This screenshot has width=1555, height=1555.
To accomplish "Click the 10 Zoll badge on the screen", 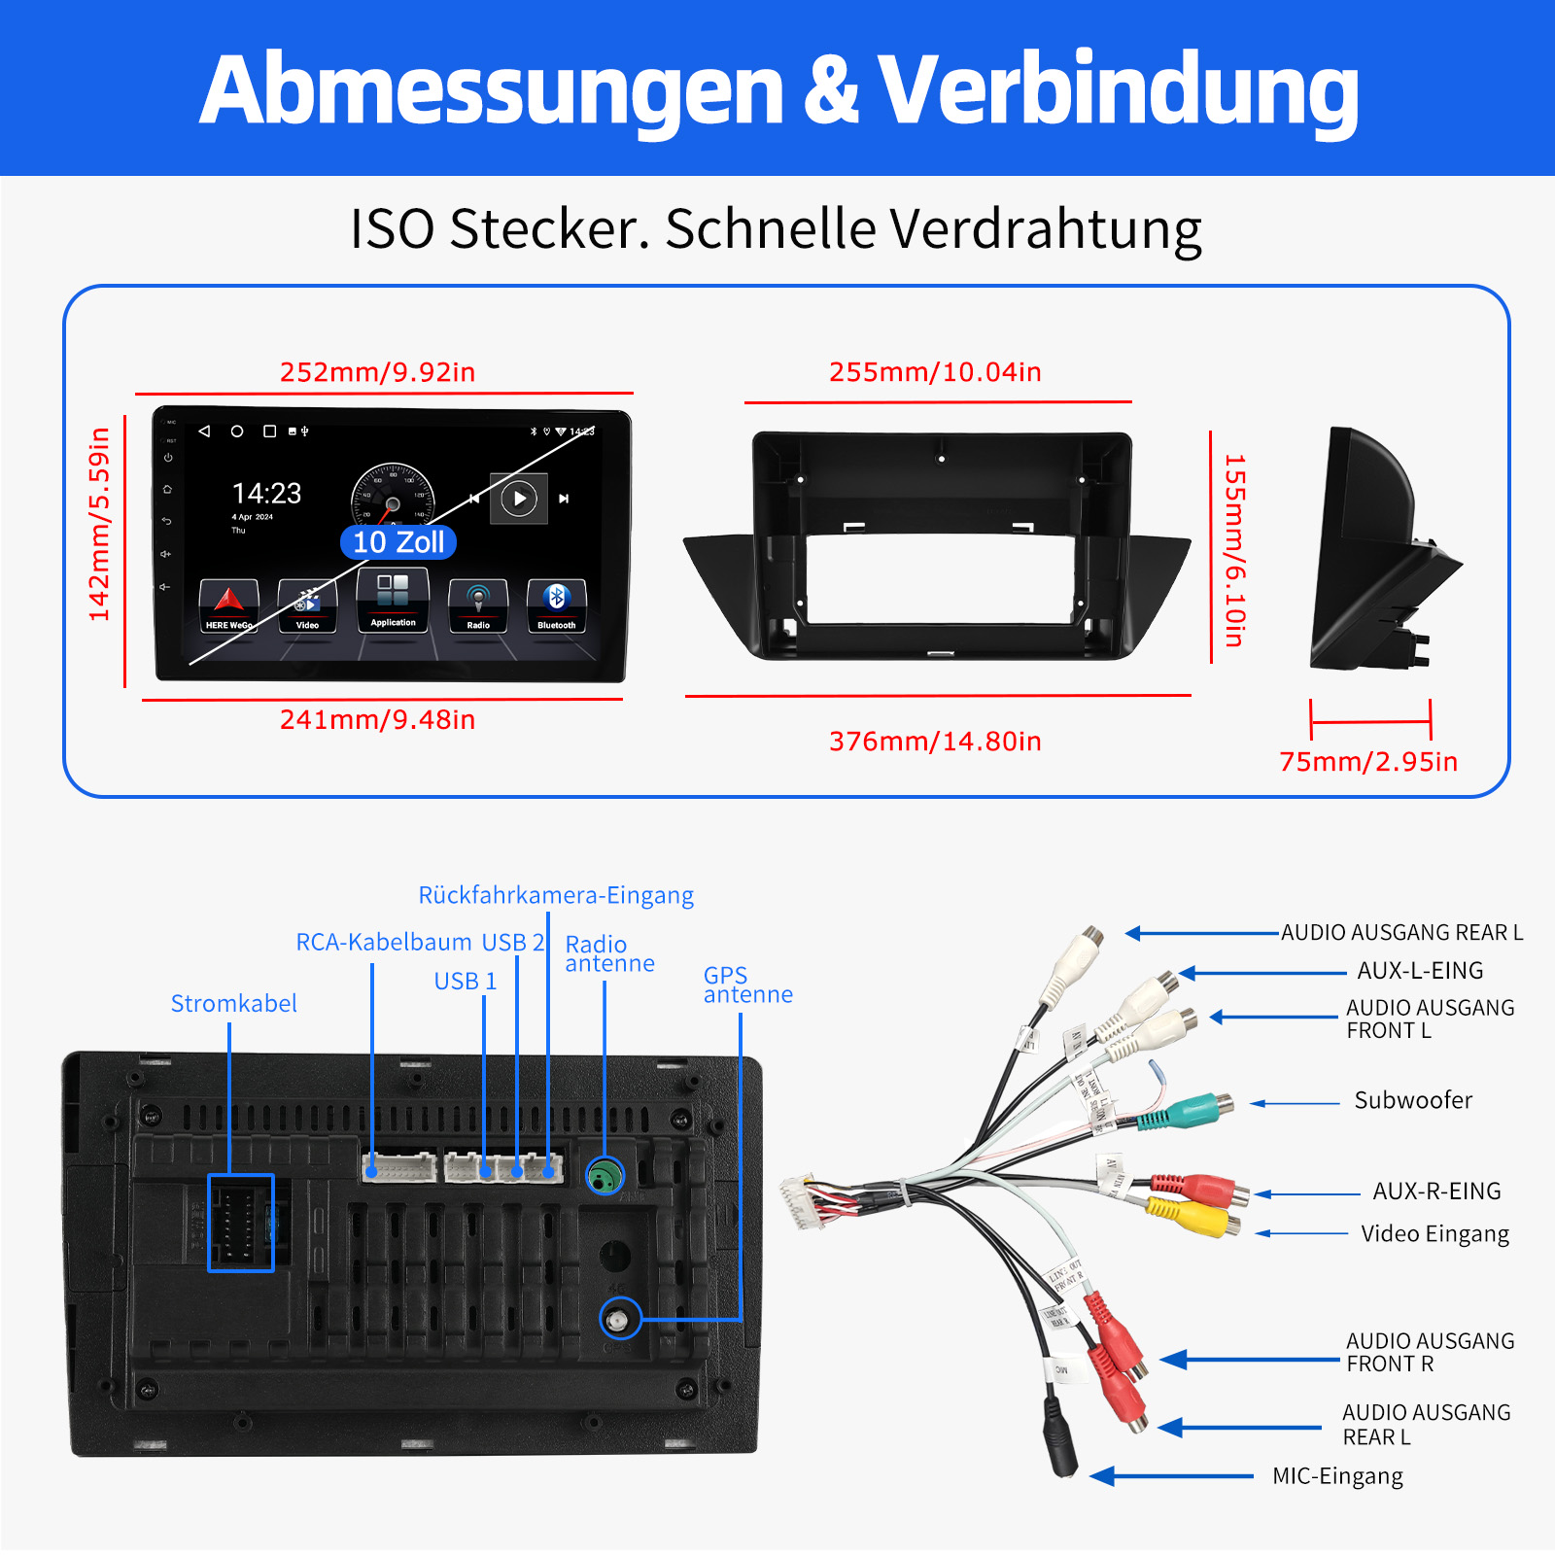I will point(398,542).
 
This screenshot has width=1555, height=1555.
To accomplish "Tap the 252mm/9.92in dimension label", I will point(377,372).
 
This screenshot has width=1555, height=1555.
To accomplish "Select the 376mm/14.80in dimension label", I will point(935,742).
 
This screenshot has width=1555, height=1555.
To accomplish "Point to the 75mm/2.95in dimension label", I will point(1368,762).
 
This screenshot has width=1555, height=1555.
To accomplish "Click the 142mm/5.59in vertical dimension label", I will point(99,525).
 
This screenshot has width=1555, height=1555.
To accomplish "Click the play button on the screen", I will point(519,499).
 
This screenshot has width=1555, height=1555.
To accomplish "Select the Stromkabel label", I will point(233,1004).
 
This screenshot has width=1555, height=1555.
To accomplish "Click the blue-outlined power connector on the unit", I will point(241,1223).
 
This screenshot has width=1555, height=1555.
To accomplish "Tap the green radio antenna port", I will point(605,1177).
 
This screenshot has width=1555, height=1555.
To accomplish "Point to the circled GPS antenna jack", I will point(619,1320).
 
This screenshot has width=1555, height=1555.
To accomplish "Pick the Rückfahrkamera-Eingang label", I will point(556,895).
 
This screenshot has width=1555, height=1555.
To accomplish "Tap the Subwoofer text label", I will point(1413,1100).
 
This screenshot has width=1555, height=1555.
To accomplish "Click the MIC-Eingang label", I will point(1337,1476).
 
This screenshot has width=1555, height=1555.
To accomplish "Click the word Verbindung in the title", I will point(1118,89).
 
